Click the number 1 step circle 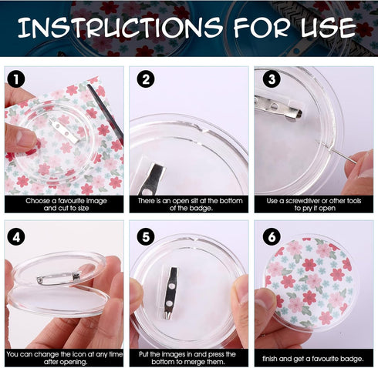tap(16, 79)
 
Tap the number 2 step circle tap(146, 79)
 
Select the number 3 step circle tap(272, 79)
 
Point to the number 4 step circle tap(16, 237)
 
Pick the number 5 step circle tap(146, 237)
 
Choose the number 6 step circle tap(272, 237)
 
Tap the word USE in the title tap(329, 28)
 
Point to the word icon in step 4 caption tap(77, 354)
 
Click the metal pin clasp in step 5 tap(170, 293)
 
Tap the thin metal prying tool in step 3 tap(336, 152)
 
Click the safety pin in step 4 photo tap(59, 279)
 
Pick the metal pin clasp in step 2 tap(152, 179)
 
